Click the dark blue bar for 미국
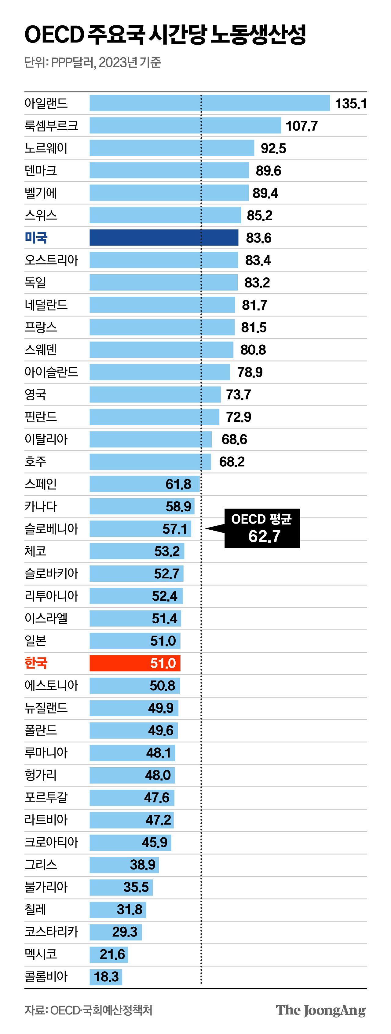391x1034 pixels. click(x=164, y=238)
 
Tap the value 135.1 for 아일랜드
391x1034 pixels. click(x=350, y=104)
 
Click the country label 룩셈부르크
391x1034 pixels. click(x=51, y=126)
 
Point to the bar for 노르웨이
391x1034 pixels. click(x=172, y=148)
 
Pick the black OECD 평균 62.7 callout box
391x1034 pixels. click(x=262, y=528)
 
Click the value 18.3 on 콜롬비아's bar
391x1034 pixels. click(x=106, y=976)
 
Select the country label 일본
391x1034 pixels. click(x=35, y=641)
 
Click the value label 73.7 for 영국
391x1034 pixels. click(x=238, y=395)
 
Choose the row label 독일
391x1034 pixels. click(x=35, y=282)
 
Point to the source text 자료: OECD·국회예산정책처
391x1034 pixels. click(x=88, y=1010)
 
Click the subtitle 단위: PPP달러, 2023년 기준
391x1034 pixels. click(x=93, y=62)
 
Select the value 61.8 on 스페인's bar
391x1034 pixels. click(x=178, y=484)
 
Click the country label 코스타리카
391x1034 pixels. click(x=51, y=932)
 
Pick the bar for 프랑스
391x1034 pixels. click(x=162, y=327)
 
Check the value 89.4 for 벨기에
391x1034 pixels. click(x=265, y=193)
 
